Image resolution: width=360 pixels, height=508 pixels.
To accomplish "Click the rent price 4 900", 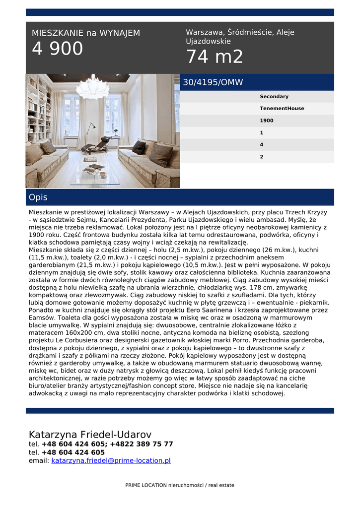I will (x=58, y=49).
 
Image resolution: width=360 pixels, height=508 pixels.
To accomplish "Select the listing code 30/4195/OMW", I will (x=213, y=82).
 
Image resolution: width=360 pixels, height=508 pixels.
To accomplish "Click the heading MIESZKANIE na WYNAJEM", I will (x=86, y=33).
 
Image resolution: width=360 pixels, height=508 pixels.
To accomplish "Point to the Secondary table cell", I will (x=274, y=97).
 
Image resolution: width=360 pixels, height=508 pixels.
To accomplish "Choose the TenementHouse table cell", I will (x=282, y=109).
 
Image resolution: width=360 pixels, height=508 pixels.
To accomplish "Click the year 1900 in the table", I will (x=266, y=121).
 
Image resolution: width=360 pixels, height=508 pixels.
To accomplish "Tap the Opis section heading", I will (x=38, y=197).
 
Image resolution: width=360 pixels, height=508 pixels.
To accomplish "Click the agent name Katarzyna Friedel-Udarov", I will (x=90, y=435).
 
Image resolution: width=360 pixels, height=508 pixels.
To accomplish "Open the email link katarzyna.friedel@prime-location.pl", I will (x=111, y=460).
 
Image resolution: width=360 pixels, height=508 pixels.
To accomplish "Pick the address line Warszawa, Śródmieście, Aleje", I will (x=240, y=32).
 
